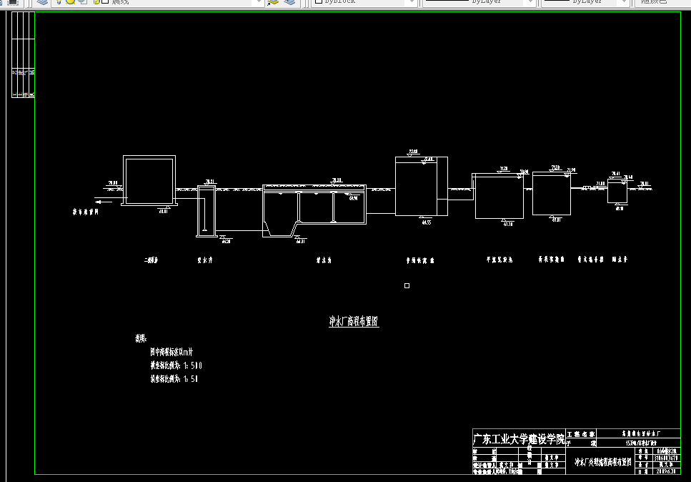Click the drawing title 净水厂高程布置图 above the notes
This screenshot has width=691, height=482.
point(353,322)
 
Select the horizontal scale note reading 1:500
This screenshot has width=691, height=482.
point(176,365)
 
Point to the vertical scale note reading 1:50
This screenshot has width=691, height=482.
point(174,379)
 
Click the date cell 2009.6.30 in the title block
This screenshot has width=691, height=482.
point(667,471)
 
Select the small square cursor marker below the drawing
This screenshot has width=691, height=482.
point(407,286)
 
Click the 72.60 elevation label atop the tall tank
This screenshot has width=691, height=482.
point(413,152)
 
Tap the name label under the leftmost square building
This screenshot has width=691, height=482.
point(151,261)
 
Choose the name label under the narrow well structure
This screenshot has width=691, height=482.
point(206,261)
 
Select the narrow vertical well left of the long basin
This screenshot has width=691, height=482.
point(206,210)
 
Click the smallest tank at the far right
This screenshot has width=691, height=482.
point(617,194)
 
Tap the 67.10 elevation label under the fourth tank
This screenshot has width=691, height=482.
point(508,225)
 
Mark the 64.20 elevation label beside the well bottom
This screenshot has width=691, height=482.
point(227,242)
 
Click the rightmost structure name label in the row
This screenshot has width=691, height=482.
point(620,261)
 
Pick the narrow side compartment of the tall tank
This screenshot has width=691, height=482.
point(442,186)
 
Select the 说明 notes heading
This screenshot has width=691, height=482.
point(140,338)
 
